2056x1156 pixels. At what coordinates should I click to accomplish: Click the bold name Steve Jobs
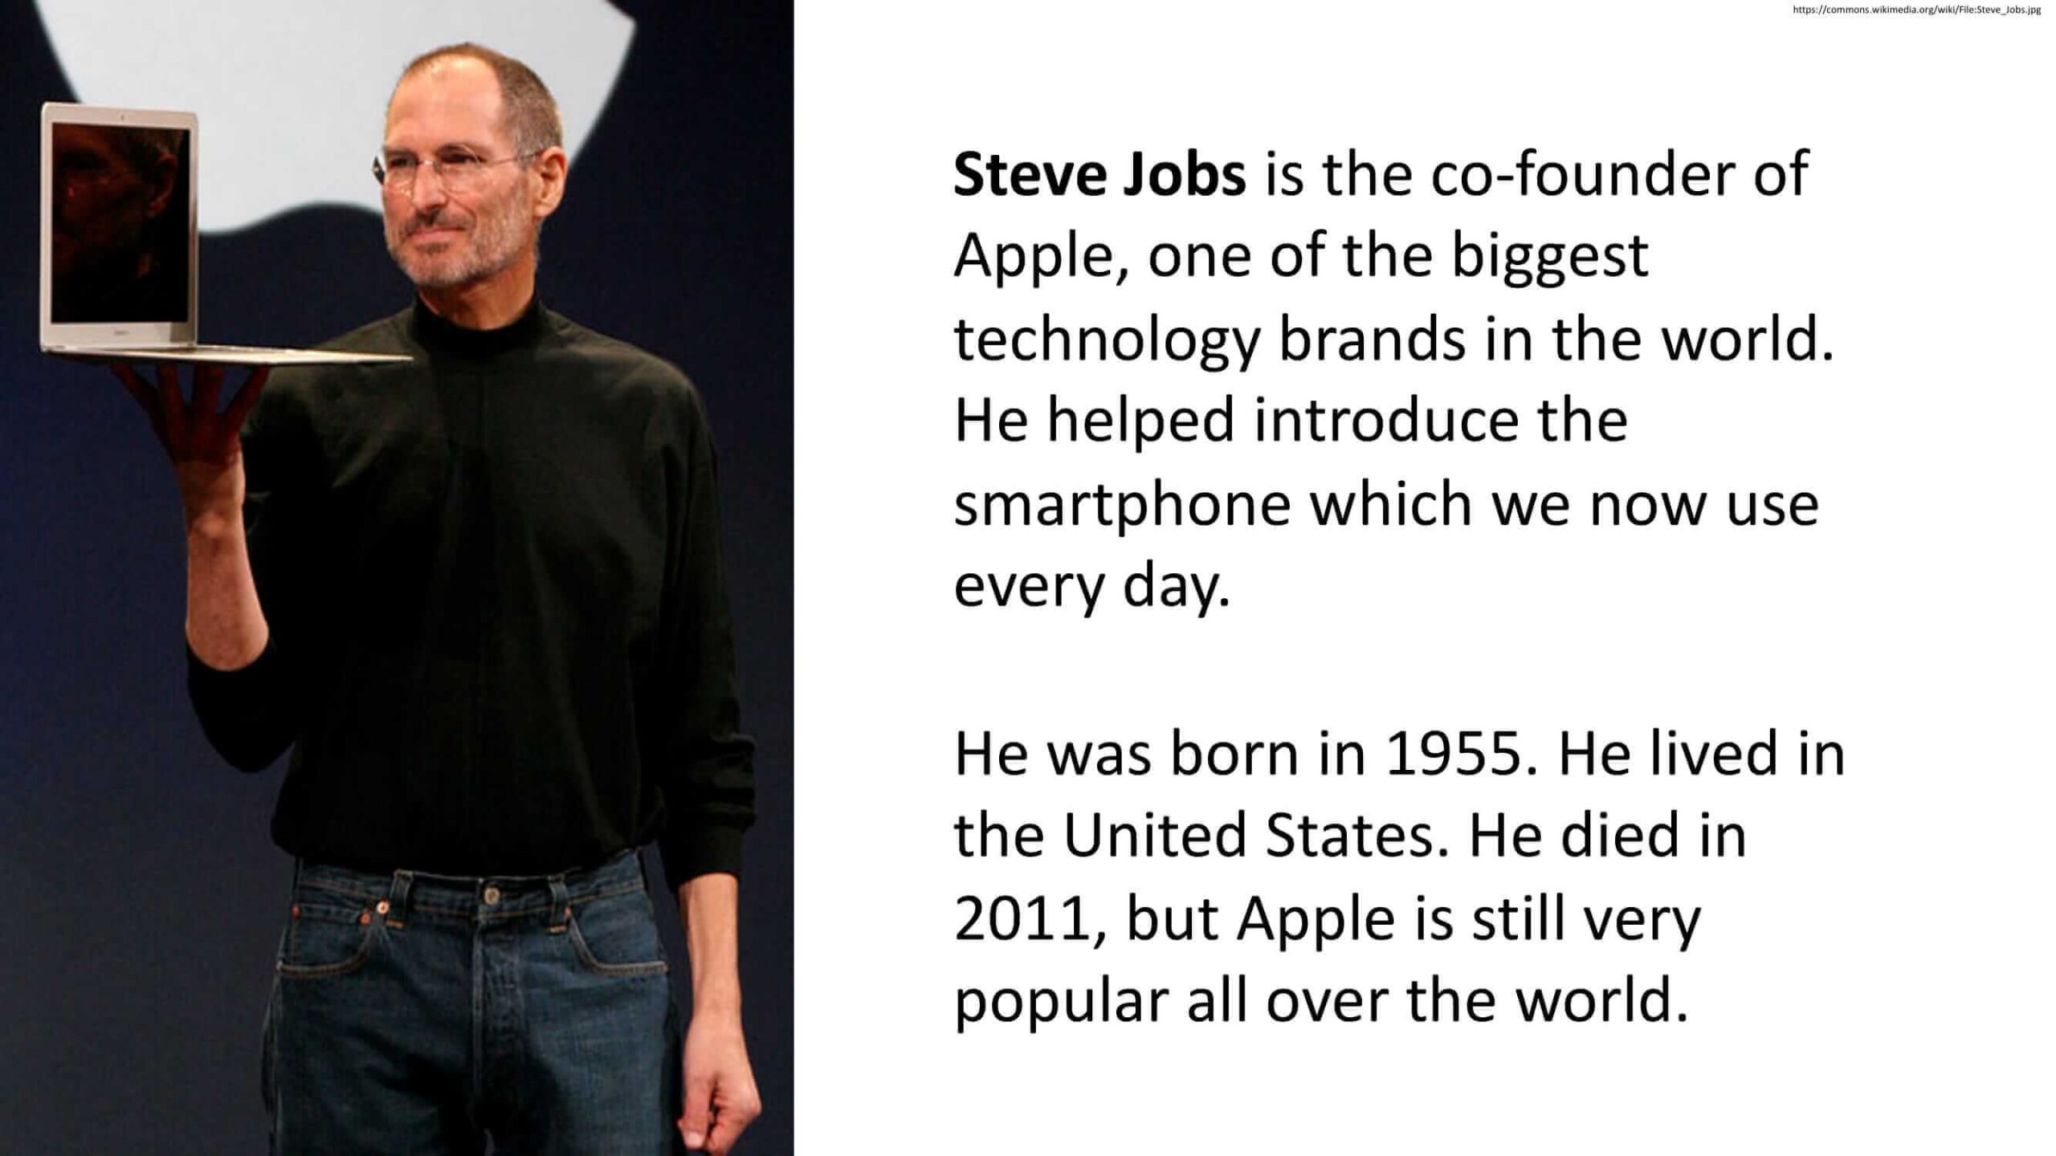pos(1099,174)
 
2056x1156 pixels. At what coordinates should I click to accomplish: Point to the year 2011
pos(1021,920)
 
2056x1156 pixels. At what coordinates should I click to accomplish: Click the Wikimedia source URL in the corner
pos(1916,10)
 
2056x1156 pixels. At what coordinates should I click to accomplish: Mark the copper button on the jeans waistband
pos(382,907)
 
